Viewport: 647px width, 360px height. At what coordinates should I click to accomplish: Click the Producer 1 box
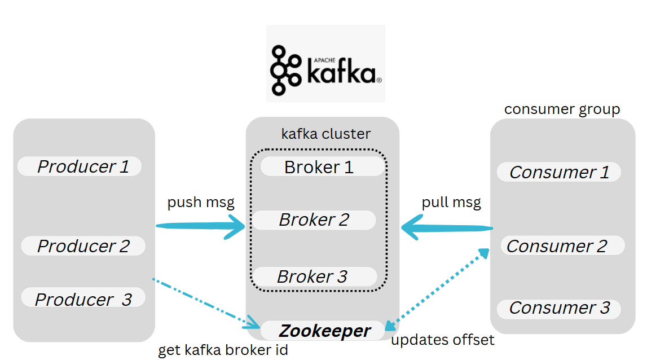[80, 166]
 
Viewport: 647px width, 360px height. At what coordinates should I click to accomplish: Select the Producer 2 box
[83, 246]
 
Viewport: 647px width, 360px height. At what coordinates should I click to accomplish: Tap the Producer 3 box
[83, 298]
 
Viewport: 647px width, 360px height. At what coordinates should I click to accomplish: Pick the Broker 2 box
[314, 220]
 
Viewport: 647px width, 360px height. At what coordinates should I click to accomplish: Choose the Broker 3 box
[314, 276]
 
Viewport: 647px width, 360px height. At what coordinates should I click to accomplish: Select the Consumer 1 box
[558, 172]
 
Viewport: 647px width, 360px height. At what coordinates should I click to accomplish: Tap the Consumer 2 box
[562, 246]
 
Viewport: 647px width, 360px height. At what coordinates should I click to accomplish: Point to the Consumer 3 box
[558, 308]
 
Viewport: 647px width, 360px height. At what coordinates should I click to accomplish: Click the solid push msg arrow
[200, 227]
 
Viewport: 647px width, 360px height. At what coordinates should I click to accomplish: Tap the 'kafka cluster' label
[325, 134]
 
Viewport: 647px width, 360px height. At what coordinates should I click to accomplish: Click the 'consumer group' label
[562, 109]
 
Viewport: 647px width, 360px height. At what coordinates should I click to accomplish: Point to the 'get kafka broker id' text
[223, 350]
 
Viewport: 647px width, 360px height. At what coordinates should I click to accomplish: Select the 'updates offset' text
[442, 340]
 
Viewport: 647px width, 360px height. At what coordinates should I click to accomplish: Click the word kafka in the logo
[341, 72]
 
